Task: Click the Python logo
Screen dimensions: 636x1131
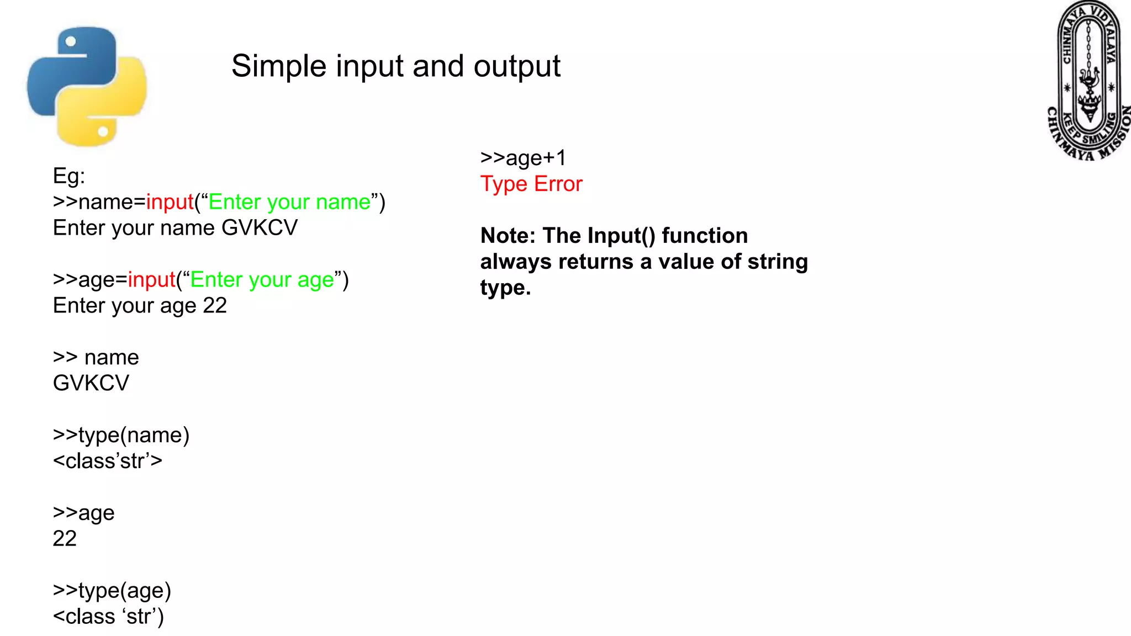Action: (x=87, y=87)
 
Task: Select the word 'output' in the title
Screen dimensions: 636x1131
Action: (x=517, y=66)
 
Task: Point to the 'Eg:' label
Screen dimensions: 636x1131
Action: (x=69, y=176)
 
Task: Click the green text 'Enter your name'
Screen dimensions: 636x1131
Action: (x=289, y=202)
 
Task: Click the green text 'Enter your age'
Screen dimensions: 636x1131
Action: (x=262, y=280)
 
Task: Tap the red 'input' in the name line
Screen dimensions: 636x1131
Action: (x=170, y=202)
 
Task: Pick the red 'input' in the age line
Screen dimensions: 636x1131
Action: (x=152, y=280)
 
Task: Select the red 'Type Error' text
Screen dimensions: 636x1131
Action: (x=531, y=184)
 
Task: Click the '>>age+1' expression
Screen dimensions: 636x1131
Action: (x=523, y=158)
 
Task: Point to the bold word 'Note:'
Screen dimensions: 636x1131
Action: (x=508, y=236)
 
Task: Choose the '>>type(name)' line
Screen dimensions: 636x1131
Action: (x=121, y=435)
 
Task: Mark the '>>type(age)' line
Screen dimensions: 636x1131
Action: (x=112, y=591)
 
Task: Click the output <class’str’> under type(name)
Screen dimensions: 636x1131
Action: (x=108, y=461)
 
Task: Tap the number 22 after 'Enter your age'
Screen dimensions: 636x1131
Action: (x=215, y=306)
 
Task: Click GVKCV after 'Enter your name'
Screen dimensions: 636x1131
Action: (x=260, y=228)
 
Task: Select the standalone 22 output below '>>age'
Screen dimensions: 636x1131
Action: (x=65, y=539)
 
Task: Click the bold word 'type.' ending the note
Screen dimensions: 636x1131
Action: (x=505, y=288)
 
